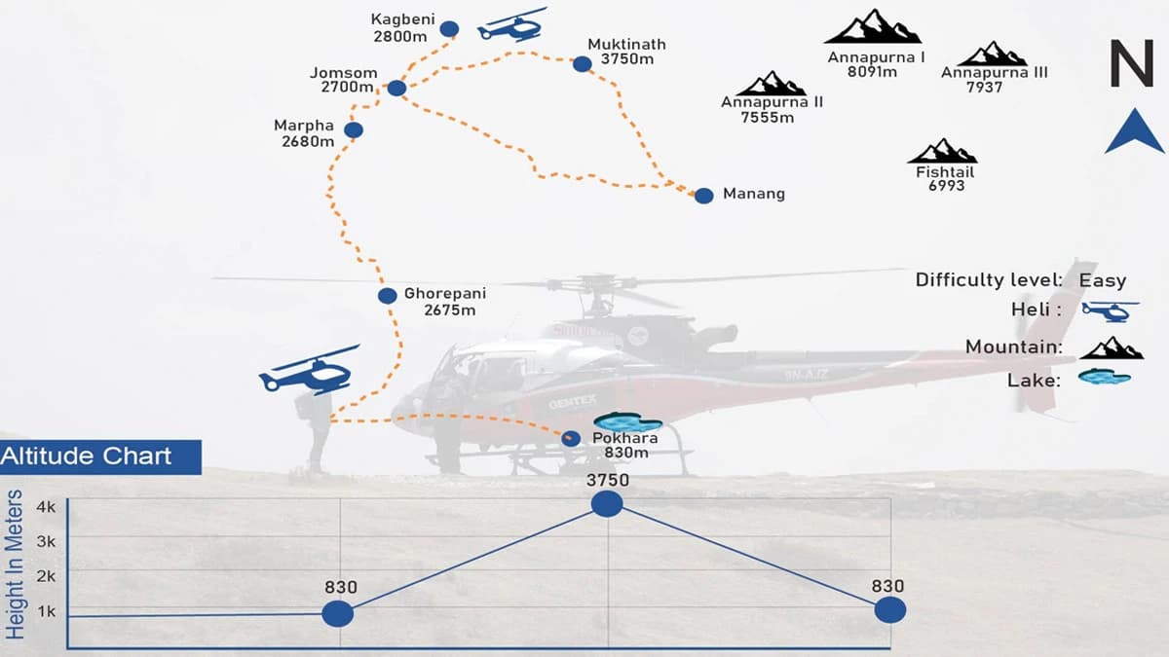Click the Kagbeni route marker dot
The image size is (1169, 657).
tap(449, 29)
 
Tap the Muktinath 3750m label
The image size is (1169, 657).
tap(626, 52)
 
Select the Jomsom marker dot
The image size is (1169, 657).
tap(396, 88)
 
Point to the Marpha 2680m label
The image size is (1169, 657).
tap(304, 133)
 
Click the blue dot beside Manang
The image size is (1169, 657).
tap(703, 196)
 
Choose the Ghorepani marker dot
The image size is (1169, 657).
tap(388, 296)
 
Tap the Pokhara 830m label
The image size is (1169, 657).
tap(624, 445)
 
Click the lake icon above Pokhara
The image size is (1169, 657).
tap(627, 422)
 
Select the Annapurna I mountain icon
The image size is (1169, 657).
tap(873, 27)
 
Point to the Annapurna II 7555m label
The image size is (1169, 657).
tap(771, 110)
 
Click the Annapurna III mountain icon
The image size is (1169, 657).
tap(992, 55)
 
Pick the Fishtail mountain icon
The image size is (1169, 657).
tap(942, 152)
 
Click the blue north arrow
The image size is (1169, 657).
tap(1134, 132)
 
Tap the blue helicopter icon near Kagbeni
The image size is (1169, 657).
tap(511, 25)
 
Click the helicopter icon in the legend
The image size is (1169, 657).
tap(1111, 311)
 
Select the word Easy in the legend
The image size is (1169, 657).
tap(1102, 281)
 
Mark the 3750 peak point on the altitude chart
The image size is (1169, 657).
tap(607, 503)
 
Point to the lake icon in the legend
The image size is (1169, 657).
tap(1104, 378)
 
